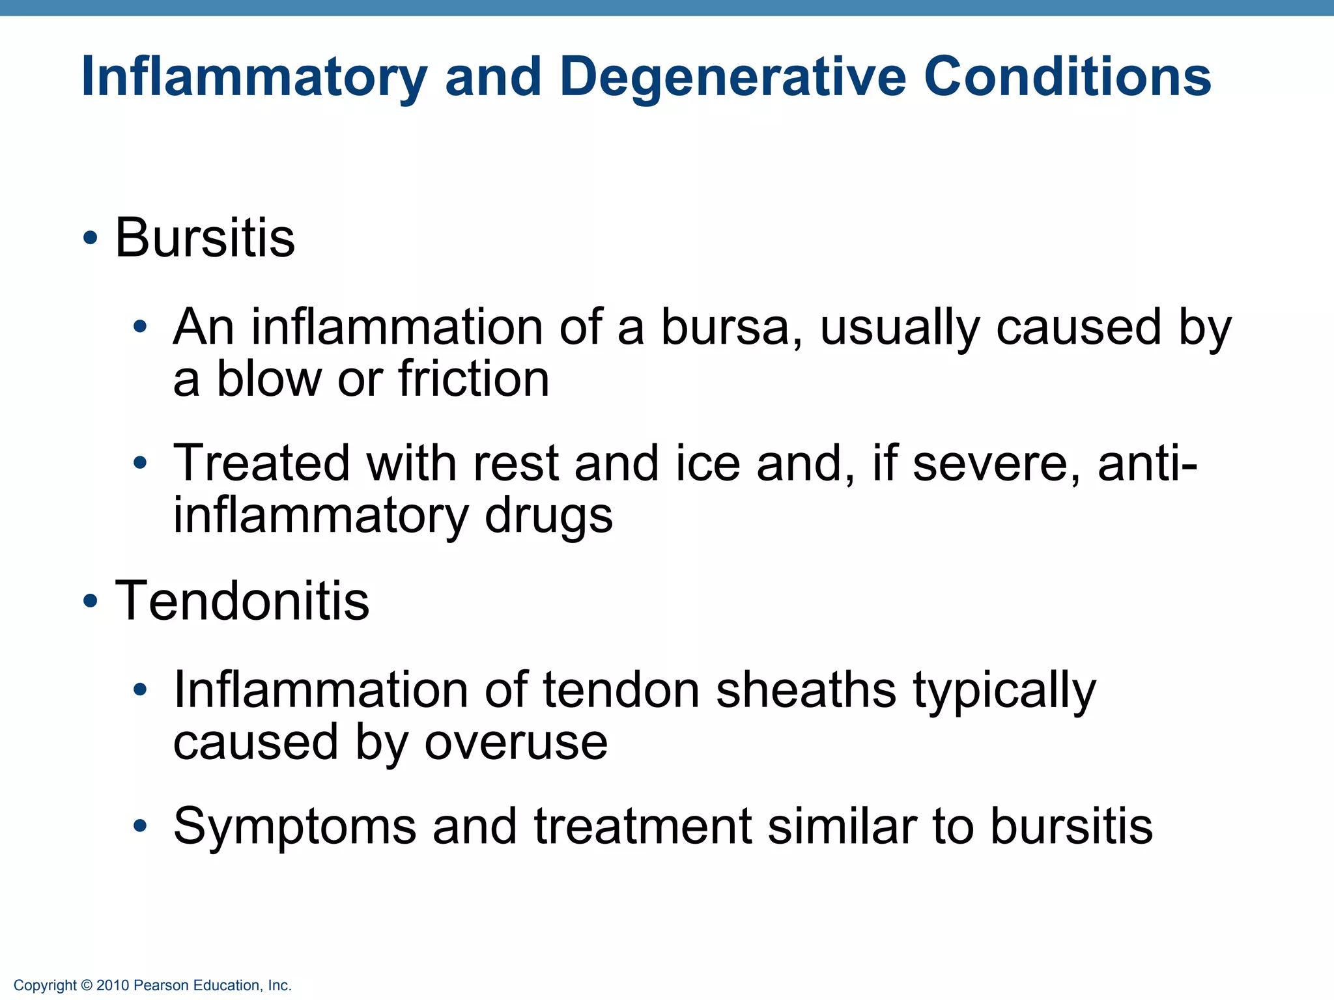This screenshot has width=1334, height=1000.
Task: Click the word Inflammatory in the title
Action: [x=254, y=77]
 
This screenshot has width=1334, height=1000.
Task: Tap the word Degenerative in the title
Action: [x=733, y=77]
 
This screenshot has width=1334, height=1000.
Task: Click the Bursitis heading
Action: [x=205, y=238]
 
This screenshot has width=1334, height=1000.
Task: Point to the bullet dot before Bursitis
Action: [x=91, y=238]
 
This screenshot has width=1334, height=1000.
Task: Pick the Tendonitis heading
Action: [x=242, y=601]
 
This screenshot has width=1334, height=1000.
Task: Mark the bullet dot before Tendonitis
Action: [x=91, y=602]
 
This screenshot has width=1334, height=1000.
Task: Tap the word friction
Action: [x=474, y=379]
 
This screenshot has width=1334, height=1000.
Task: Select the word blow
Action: [x=268, y=379]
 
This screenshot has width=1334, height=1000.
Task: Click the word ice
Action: [x=708, y=464]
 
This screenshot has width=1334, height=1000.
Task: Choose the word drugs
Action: [x=548, y=516]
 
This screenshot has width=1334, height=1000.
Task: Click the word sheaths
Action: [x=806, y=690]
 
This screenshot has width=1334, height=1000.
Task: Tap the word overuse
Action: [x=516, y=742]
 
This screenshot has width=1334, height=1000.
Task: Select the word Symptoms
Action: [x=294, y=827]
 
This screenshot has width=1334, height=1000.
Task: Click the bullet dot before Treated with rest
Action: [x=140, y=464]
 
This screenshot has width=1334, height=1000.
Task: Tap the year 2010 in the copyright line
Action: [x=113, y=986]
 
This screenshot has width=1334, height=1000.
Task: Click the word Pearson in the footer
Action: [x=157, y=986]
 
